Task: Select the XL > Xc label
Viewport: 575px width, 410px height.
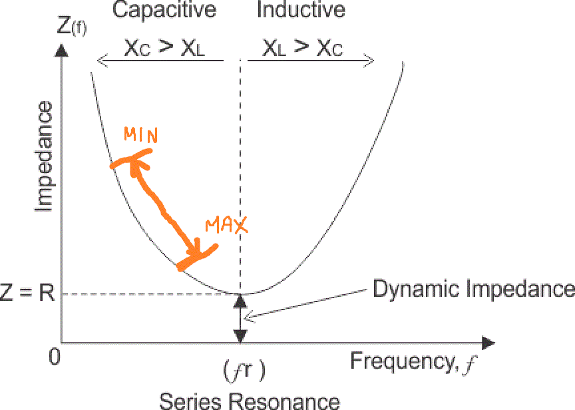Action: (303, 48)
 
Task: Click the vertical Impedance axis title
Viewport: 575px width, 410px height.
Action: (44, 157)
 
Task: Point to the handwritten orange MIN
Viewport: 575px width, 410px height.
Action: (140, 136)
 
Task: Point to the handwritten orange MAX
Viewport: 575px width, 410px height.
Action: (226, 226)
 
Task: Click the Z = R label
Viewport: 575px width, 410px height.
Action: (27, 294)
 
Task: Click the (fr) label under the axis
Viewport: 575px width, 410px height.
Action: (245, 370)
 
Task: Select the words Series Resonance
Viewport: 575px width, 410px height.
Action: (250, 400)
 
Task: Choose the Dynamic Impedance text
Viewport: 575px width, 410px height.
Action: (473, 289)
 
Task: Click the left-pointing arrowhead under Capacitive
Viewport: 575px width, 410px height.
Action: (102, 61)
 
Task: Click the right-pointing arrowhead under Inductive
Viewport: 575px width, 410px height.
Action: (368, 61)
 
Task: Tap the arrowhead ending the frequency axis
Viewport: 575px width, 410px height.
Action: (489, 343)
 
